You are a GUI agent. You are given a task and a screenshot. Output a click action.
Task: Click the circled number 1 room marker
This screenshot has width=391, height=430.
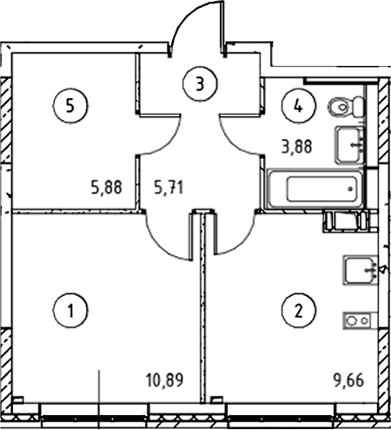[x=70, y=311]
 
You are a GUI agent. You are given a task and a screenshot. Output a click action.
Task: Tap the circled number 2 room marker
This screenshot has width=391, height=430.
[x=298, y=311]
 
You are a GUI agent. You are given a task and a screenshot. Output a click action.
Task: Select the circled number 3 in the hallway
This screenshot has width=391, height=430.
[x=200, y=84]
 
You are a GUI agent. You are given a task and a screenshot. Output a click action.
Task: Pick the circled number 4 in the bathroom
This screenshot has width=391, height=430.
[x=298, y=106]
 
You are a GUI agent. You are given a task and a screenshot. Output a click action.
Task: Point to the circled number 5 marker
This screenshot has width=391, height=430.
[x=70, y=105]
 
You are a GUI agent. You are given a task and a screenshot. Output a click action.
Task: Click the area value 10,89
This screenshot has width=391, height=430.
[x=165, y=380]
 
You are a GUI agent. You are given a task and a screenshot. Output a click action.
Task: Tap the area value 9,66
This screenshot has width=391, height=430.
[x=348, y=380]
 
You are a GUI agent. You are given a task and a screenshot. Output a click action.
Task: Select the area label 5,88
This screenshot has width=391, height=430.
[x=106, y=187]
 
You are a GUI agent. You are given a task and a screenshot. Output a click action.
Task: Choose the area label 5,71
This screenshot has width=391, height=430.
[x=169, y=187]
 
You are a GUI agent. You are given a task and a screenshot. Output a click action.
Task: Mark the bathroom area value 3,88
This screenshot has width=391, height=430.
[x=296, y=146]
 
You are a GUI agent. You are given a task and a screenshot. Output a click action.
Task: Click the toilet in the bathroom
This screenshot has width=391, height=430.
[x=346, y=107]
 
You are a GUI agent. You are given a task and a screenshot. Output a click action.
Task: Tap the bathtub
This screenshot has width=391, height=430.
[x=315, y=189]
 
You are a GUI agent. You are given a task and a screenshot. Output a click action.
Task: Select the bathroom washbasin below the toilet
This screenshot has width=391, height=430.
[x=349, y=145]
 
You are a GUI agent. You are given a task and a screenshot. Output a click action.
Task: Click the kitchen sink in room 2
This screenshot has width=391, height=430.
[x=361, y=270]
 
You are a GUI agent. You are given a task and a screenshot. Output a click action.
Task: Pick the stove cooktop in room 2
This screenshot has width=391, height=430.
[x=361, y=320]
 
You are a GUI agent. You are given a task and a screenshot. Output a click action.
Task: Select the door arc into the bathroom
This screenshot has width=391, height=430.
[x=233, y=142]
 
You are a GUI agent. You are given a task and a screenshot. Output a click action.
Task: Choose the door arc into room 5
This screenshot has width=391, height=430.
[x=167, y=142]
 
